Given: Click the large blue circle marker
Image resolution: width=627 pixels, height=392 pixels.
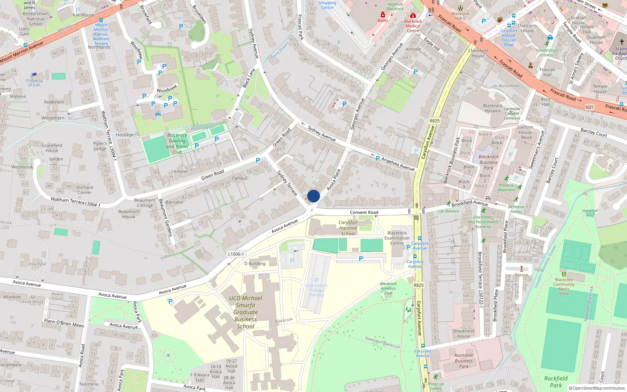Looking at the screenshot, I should click(313, 196).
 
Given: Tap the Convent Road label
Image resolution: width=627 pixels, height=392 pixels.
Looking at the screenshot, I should click(364, 212).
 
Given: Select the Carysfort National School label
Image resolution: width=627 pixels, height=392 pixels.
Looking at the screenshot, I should click(348, 228).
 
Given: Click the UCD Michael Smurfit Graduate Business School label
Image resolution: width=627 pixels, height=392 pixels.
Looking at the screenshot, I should click(246, 312).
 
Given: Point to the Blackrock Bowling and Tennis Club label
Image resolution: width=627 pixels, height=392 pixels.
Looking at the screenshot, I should click(177, 143).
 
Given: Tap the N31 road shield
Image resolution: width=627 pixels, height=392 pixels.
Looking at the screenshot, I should click(589, 107).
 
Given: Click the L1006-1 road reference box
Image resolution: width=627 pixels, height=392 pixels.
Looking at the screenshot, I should click(236, 254).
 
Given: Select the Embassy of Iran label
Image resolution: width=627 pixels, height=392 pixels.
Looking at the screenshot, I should click(34, 82).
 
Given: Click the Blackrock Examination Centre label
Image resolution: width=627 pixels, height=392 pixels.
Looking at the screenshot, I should click(397, 238).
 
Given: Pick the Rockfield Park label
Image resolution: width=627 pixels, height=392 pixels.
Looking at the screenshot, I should click(556, 381).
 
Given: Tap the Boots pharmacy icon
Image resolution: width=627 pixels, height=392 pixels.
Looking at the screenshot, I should click(383, 15).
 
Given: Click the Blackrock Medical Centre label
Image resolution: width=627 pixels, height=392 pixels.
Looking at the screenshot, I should click(413, 26).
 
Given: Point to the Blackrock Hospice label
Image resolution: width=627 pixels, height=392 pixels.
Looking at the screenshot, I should click(493, 108).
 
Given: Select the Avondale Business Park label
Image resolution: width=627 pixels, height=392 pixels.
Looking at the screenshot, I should click(464, 361).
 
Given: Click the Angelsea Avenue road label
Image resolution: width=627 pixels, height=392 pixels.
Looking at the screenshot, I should click(398, 164).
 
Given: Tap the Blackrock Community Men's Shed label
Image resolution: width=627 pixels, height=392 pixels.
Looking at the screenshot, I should click(564, 287).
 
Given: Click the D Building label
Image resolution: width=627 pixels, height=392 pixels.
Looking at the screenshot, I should click(255, 263).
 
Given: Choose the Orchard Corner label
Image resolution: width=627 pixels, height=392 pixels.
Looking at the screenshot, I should click(85, 190).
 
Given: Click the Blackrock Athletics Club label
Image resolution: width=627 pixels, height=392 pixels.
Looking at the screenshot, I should click(388, 288).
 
